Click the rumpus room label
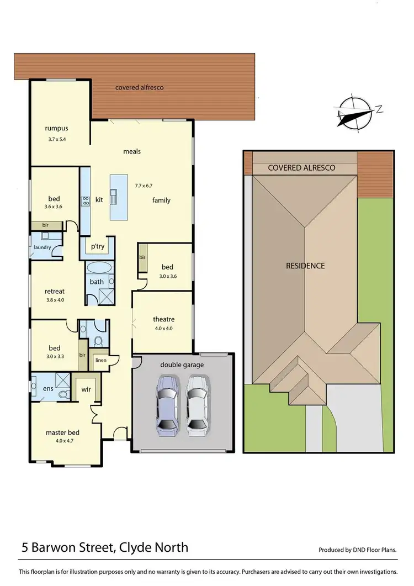(56, 129)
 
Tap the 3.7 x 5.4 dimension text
(57, 139)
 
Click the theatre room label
(163, 319)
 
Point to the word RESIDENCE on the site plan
(305, 266)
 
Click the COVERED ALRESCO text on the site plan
(301, 168)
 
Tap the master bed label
(62, 432)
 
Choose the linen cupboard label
(100, 360)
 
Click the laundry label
(43, 247)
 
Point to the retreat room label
(55, 291)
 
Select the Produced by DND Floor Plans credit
(357, 550)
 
